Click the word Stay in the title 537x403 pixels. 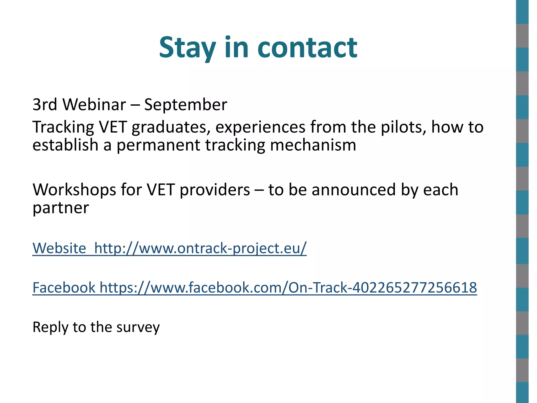tap(187, 48)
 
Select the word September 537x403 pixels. tap(185, 105)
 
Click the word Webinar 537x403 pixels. tap(94, 104)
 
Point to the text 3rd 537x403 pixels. tap(45, 104)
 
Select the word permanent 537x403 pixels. tap(158, 145)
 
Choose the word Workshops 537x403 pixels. tap(74, 190)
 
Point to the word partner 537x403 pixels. tap(61, 208)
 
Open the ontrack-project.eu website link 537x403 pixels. tap(200, 248)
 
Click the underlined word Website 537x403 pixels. tap(59, 248)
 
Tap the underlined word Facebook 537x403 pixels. tap(64, 288)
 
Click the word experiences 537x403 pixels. tap(260, 128)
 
